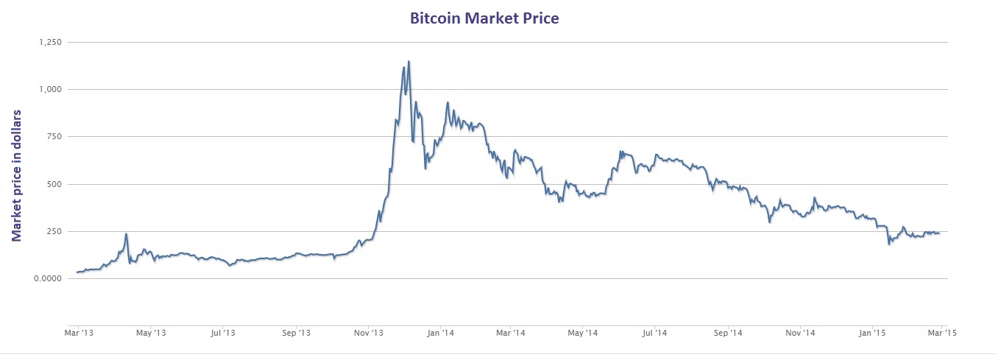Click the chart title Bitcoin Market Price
(x=484, y=18)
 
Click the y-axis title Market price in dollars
(x=16, y=175)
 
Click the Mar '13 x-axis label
(x=78, y=333)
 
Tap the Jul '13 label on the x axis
(x=222, y=333)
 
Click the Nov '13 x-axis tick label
(x=367, y=333)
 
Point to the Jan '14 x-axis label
(x=439, y=333)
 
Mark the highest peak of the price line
(x=408, y=62)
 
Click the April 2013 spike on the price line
(x=127, y=234)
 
